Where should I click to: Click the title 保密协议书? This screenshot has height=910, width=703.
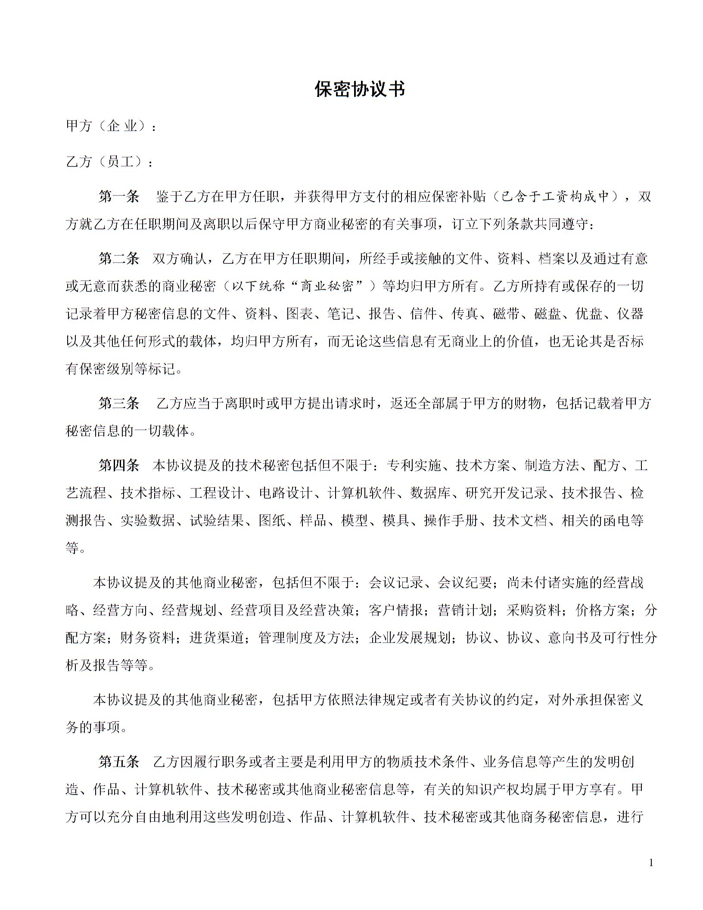tap(360, 89)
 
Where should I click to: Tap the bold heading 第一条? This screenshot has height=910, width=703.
tap(119, 197)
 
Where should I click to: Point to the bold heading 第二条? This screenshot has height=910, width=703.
tap(119, 259)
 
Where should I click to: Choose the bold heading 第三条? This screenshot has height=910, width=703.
tap(119, 403)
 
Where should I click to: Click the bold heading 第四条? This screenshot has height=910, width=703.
tap(119, 465)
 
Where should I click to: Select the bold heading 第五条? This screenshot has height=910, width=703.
tap(119, 762)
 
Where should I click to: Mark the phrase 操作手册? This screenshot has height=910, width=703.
tap(451, 520)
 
